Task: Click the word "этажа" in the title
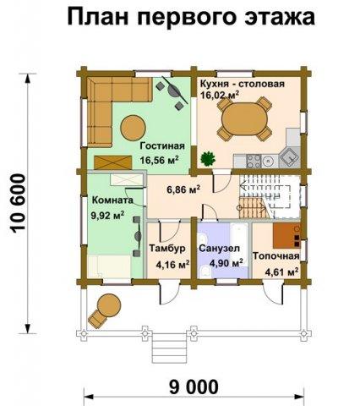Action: [280, 17]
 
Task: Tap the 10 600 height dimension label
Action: [19, 204]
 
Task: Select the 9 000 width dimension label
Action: [194, 387]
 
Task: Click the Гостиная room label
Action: [162, 146]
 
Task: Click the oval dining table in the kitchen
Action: [244, 119]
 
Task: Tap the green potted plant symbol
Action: [208, 158]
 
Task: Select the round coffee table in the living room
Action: [133, 128]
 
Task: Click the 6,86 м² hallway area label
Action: [183, 189]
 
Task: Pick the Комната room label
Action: [112, 200]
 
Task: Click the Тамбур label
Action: [167, 249]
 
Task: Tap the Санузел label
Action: [220, 249]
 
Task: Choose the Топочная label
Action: [275, 256]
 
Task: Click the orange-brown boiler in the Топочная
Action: [286, 235]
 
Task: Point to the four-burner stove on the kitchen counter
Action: [254, 162]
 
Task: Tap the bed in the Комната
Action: [110, 266]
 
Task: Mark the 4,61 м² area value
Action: [281, 272]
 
